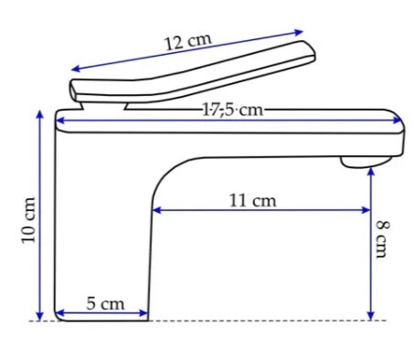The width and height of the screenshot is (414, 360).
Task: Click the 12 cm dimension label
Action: [187, 42]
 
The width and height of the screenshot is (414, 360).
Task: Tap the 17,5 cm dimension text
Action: [232, 110]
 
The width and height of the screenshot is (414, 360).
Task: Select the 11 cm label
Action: [253, 201]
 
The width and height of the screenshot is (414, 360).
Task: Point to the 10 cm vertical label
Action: [29, 220]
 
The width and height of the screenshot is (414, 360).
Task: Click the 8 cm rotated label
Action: [382, 239]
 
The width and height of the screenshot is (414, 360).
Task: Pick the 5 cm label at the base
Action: [105, 303]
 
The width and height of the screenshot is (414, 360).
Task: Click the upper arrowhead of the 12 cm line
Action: [299, 32]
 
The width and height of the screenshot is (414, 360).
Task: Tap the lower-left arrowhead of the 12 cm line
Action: [76, 69]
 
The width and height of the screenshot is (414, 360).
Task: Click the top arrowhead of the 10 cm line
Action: [40, 114]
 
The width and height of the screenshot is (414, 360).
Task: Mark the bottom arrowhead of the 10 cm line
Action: [40, 316]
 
